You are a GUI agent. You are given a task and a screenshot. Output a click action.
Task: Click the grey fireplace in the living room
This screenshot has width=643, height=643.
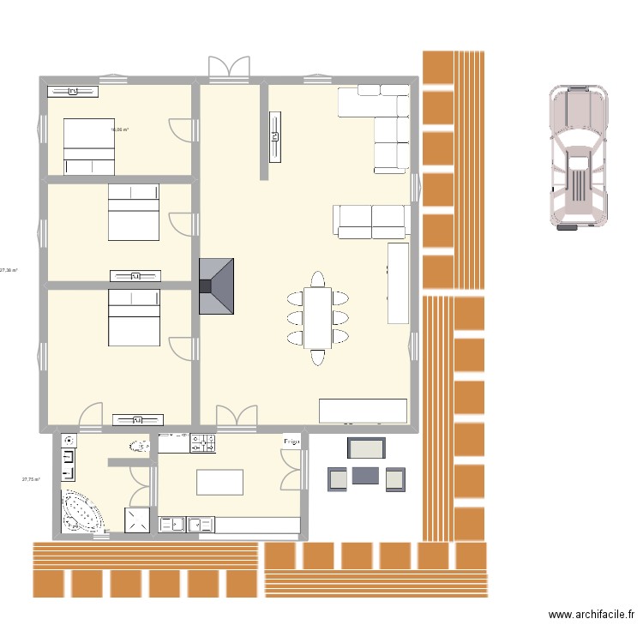pos(216,287)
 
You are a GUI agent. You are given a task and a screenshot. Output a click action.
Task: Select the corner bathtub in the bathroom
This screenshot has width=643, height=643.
pos(81,513)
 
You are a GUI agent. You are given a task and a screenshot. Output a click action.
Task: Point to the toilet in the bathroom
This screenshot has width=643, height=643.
pos(139,446)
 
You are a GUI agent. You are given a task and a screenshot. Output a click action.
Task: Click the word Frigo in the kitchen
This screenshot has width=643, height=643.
pos(292,442)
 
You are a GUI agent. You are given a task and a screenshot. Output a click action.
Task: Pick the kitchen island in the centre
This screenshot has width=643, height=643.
pos(219,482)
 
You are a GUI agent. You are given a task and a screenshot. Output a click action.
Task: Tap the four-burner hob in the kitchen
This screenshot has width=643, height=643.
pos(203,443)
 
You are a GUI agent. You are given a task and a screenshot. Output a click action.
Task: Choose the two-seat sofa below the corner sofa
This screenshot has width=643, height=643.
pos(370,221)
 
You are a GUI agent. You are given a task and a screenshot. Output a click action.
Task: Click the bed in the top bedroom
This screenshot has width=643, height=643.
pos(89,146)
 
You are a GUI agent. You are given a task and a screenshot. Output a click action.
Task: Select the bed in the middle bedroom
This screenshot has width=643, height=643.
pos(133,212)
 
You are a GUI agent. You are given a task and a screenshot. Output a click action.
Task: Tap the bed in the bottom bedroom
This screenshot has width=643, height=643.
pos(133,317)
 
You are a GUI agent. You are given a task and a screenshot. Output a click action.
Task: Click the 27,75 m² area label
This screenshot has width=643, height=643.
pos(31,480)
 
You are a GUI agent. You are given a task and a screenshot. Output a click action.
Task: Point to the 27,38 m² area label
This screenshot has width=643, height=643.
pos(9,271)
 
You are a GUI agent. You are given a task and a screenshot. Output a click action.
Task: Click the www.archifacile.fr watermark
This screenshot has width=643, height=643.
pos(591,615)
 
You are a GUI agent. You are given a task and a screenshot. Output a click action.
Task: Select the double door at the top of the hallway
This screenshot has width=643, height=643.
pos(229,69)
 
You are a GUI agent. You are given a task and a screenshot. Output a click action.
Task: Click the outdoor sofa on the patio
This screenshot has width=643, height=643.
pos(366,450)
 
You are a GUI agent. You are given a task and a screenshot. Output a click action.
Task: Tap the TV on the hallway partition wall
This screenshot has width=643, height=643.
pos(275,135)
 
